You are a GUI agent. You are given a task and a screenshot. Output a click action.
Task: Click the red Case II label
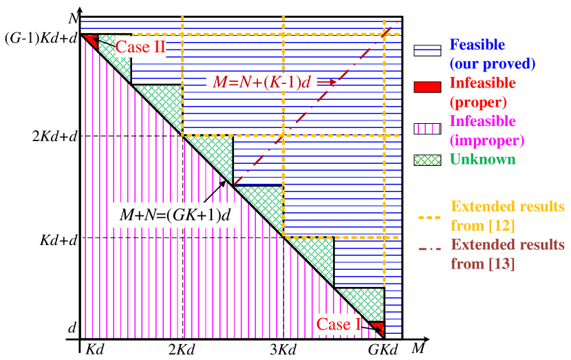coord(140,47)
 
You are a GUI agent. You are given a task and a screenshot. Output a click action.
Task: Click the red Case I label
coord(338,324)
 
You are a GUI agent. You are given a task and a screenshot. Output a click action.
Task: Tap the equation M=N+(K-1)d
coord(261,82)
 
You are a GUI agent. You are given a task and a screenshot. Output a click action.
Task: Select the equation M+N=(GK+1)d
coord(175,215)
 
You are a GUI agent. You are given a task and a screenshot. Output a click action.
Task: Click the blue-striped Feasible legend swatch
coord(427,50)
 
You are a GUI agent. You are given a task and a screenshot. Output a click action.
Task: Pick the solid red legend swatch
coord(427,87)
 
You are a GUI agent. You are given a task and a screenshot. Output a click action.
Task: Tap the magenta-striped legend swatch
coord(427,128)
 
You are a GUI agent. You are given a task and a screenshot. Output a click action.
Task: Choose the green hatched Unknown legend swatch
coord(427,160)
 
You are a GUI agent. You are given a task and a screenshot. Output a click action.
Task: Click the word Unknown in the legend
coord(482,159)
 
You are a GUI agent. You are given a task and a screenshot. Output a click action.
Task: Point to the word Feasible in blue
coord(477,45)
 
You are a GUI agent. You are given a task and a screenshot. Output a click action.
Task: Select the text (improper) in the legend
coord(486,140)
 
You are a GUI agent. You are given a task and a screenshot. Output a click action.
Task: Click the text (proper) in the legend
coord(478,102)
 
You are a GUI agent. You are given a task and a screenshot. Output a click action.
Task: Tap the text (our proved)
coord(492,63)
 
